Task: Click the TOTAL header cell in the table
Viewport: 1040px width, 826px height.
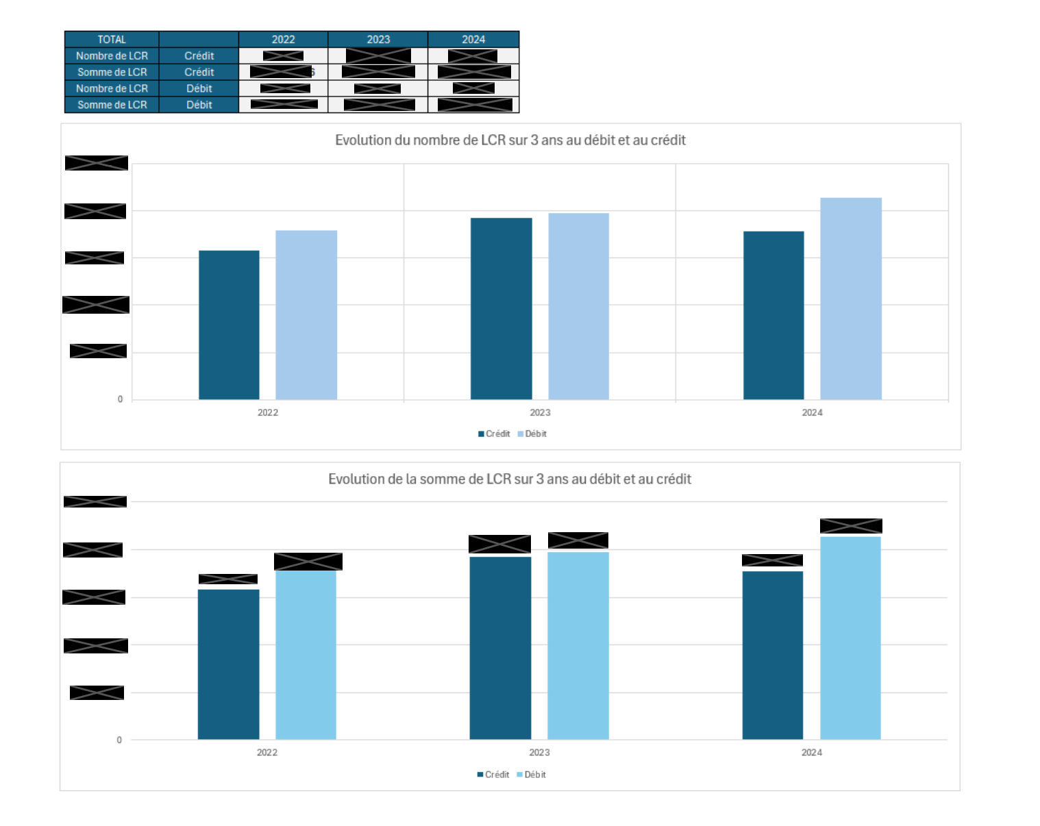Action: click(x=112, y=39)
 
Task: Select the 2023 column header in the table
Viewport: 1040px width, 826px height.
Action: click(x=378, y=39)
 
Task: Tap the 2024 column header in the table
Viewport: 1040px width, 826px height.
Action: click(x=473, y=39)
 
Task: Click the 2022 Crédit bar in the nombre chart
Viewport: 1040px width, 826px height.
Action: click(x=229, y=325)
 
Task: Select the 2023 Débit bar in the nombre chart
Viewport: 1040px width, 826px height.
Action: click(x=578, y=306)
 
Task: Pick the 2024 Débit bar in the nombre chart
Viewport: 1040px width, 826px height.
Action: click(x=851, y=299)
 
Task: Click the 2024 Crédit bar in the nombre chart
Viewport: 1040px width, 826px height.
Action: click(x=773, y=315)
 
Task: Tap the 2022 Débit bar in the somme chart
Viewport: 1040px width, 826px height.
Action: click(x=306, y=655)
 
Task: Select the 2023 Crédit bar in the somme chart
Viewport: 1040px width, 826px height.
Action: click(x=500, y=648)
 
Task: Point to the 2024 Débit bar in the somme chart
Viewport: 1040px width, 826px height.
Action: click(x=850, y=638)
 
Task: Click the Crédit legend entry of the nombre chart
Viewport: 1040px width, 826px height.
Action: click(x=494, y=434)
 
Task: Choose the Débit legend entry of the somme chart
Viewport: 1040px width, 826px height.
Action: click(x=532, y=775)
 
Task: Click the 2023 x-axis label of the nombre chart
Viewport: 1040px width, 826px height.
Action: click(x=540, y=412)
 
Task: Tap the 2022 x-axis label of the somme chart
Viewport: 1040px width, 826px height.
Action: click(x=267, y=752)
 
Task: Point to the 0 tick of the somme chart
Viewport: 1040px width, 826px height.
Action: click(x=119, y=740)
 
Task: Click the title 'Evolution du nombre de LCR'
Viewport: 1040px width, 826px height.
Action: click(x=510, y=140)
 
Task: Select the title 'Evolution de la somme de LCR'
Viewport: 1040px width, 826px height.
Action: click(x=510, y=479)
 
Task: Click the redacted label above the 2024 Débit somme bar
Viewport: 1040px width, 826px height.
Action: click(x=851, y=526)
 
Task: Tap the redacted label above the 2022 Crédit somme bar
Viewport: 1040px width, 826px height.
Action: click(x=228, y=579)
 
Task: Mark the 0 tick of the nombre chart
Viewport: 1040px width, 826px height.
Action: click(x=120, y=399)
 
